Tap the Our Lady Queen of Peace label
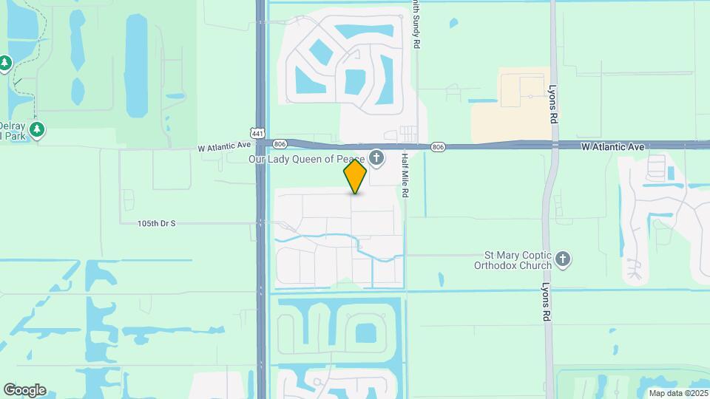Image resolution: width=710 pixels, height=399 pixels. click(306, 157)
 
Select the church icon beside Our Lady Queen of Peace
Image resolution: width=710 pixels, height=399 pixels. click(376, 157)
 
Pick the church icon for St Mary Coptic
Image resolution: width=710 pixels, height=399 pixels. click(563, 259)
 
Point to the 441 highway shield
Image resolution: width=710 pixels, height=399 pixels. click(257, 133)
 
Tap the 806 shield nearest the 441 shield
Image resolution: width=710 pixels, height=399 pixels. click(279, 144)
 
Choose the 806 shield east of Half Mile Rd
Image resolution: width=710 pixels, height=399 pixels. click(439, 147)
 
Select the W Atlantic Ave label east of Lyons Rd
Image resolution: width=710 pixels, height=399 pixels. click(612, 148)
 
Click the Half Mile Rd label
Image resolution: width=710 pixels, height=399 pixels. click(405, 174)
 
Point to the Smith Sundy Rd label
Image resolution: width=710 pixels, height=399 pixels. click(417, 24)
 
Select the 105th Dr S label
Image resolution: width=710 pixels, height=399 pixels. click(156, 223)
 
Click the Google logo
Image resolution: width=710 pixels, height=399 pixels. click(24, 390)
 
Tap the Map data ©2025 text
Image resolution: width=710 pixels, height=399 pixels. click(677, 393)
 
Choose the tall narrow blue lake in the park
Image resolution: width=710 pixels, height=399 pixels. click(136, 66)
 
